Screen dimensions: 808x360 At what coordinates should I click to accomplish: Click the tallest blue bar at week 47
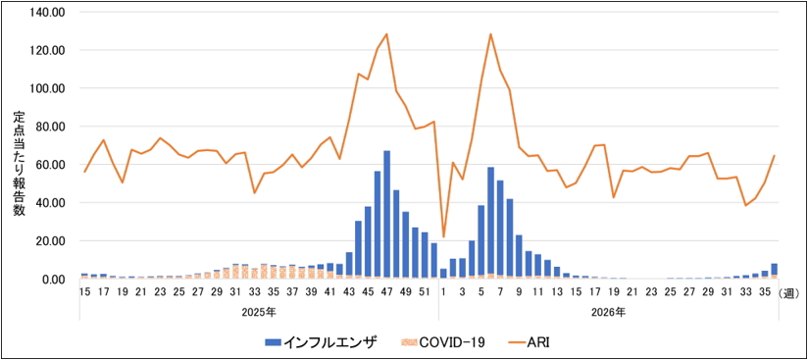pyautogui.click(x=386, y=214)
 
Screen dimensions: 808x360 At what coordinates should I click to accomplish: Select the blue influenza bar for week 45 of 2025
pyautogui.click(x=368, y=242)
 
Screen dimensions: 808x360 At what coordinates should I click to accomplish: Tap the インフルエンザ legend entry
pyautogui.click(x=321, y=341)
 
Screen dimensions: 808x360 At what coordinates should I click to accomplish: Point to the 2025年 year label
pyautogui.click(x=259, y=313)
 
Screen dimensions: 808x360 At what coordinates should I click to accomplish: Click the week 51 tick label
pyautogui.click(x=424, y=292)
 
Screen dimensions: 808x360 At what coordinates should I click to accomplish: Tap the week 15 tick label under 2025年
pyautogui.click(x=85, y=292)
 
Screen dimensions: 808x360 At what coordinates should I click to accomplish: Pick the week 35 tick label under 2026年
pyautogui.click(x=765, y=292)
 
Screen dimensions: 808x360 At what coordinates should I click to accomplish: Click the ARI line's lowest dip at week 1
pyautogui.click(x=443, y=236)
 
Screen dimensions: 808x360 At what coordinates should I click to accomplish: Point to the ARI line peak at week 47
pyautogui.click(x=386, y=34)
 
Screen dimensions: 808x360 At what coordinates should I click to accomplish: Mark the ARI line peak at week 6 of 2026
pyautogui.click(x=490, y=34)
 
